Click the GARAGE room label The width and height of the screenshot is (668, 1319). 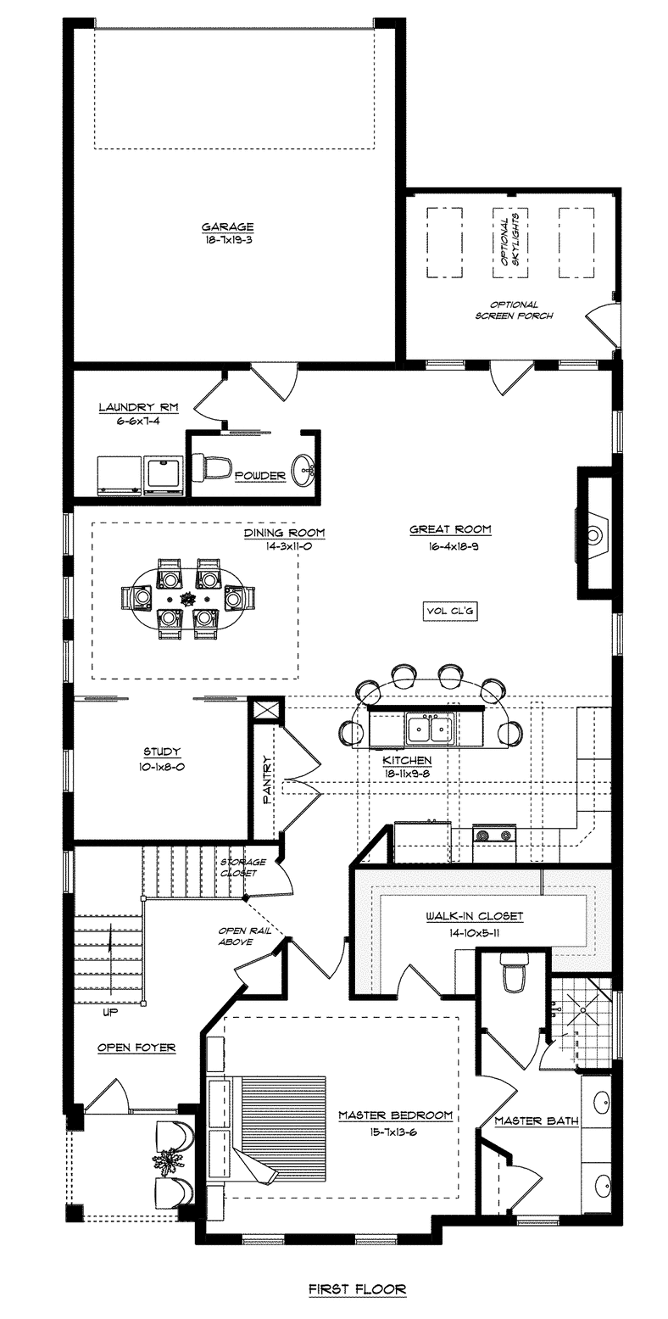[x=228, y=226]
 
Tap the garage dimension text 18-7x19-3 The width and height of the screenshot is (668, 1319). [x=228, y=240]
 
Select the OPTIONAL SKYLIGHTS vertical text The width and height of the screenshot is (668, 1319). [x=510, y=242]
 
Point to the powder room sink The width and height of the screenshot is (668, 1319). [x=304, y=470]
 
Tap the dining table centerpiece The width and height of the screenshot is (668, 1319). [x=187, y=598]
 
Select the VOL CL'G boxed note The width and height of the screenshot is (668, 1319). [x=449, y=612]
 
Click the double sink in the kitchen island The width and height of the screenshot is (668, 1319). [x=431, y=729]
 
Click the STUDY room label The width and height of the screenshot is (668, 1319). [x=162, y=752]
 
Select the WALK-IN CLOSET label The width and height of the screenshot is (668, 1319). [x=475, y=916]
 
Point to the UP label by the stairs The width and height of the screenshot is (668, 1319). [x=110, y=1012]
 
